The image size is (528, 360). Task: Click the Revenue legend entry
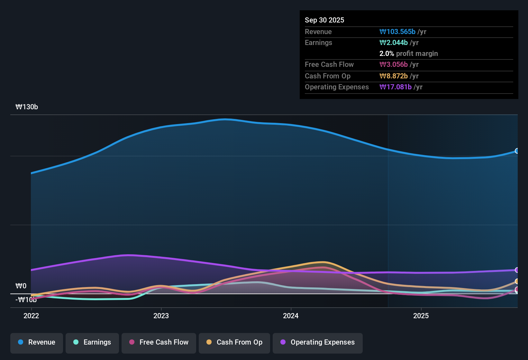[37, 342]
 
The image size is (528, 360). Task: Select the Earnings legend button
[92, 342]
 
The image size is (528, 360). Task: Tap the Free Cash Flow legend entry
[159, 342]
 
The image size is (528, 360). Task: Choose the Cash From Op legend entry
[234, 342]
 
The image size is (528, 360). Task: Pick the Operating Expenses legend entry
[318, 342]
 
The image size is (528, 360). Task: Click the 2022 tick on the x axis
[31, 316]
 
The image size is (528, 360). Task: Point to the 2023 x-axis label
[161, 316]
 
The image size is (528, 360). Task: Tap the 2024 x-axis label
[291, 316]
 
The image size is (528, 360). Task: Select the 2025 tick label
[421, 316]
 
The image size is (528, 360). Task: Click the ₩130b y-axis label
[27, 107]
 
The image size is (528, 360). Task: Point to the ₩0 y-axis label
[21, 286]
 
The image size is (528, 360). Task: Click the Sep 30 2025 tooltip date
[324, 20]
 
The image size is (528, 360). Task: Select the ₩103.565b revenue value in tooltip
[397, 32]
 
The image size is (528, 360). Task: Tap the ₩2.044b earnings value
[394, 43]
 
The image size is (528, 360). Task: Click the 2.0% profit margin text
[408, 54]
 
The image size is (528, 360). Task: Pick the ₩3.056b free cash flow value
[394, 65]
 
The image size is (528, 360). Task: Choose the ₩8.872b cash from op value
[394, 76]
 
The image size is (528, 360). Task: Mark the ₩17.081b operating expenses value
[396, 87]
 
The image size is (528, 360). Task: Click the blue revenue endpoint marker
[517, 151]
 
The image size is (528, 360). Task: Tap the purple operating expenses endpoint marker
[517, 270]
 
